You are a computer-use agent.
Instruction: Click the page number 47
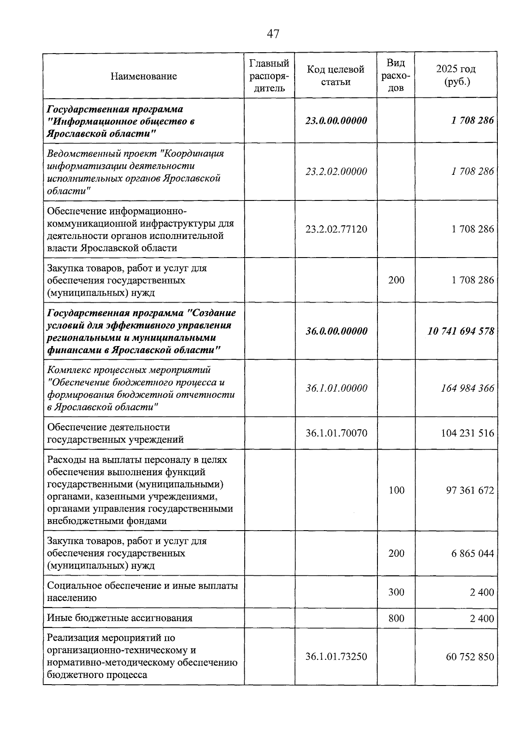(x=273, y=34)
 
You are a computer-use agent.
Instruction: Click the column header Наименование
(x=144, y=76)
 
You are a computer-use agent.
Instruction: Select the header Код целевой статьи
(x=336, y=76)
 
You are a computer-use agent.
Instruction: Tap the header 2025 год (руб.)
(x=456, y=76)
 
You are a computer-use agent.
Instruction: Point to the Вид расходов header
(x=396, y=75)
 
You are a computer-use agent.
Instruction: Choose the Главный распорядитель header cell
(x=269, y=76)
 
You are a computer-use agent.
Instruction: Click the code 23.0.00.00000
(x=336, y=121)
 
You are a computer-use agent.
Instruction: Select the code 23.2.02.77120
(x=336, y=229)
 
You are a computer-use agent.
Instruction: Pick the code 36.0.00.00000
(x=336, y=331)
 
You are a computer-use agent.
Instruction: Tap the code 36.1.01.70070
(x=336, y=433)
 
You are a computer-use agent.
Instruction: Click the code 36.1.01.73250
(x=336, y=657)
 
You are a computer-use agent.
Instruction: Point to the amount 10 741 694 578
(x=461, y=331)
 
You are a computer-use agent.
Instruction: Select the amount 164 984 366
(x=467, y=389)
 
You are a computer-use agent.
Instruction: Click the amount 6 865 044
(x=473, y=554)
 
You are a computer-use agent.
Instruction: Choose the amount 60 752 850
(x=470, y=657)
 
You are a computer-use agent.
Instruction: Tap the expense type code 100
(x=396, y=490)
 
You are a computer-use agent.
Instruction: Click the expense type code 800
(x=396, y=618)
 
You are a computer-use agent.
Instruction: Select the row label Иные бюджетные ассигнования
(x=119, y=618)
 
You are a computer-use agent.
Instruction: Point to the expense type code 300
(x=396, y=592)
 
